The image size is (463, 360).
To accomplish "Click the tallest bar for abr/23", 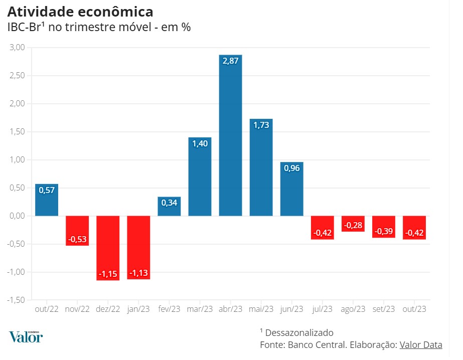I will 230,135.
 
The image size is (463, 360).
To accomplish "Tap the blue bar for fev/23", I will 169,207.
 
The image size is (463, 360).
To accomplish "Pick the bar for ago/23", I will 353,224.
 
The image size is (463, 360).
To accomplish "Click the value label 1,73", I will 261,125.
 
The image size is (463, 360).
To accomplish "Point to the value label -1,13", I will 138,273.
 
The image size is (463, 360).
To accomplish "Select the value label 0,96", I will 291,168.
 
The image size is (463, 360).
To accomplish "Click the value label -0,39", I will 384,232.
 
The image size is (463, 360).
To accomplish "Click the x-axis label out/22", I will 47,309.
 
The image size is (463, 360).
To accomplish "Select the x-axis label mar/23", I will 200,309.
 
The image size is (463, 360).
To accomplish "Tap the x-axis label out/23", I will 414,309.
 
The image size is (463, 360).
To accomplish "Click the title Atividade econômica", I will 80,12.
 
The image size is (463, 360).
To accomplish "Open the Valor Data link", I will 421,344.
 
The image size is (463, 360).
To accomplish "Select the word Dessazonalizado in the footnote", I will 299,332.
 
